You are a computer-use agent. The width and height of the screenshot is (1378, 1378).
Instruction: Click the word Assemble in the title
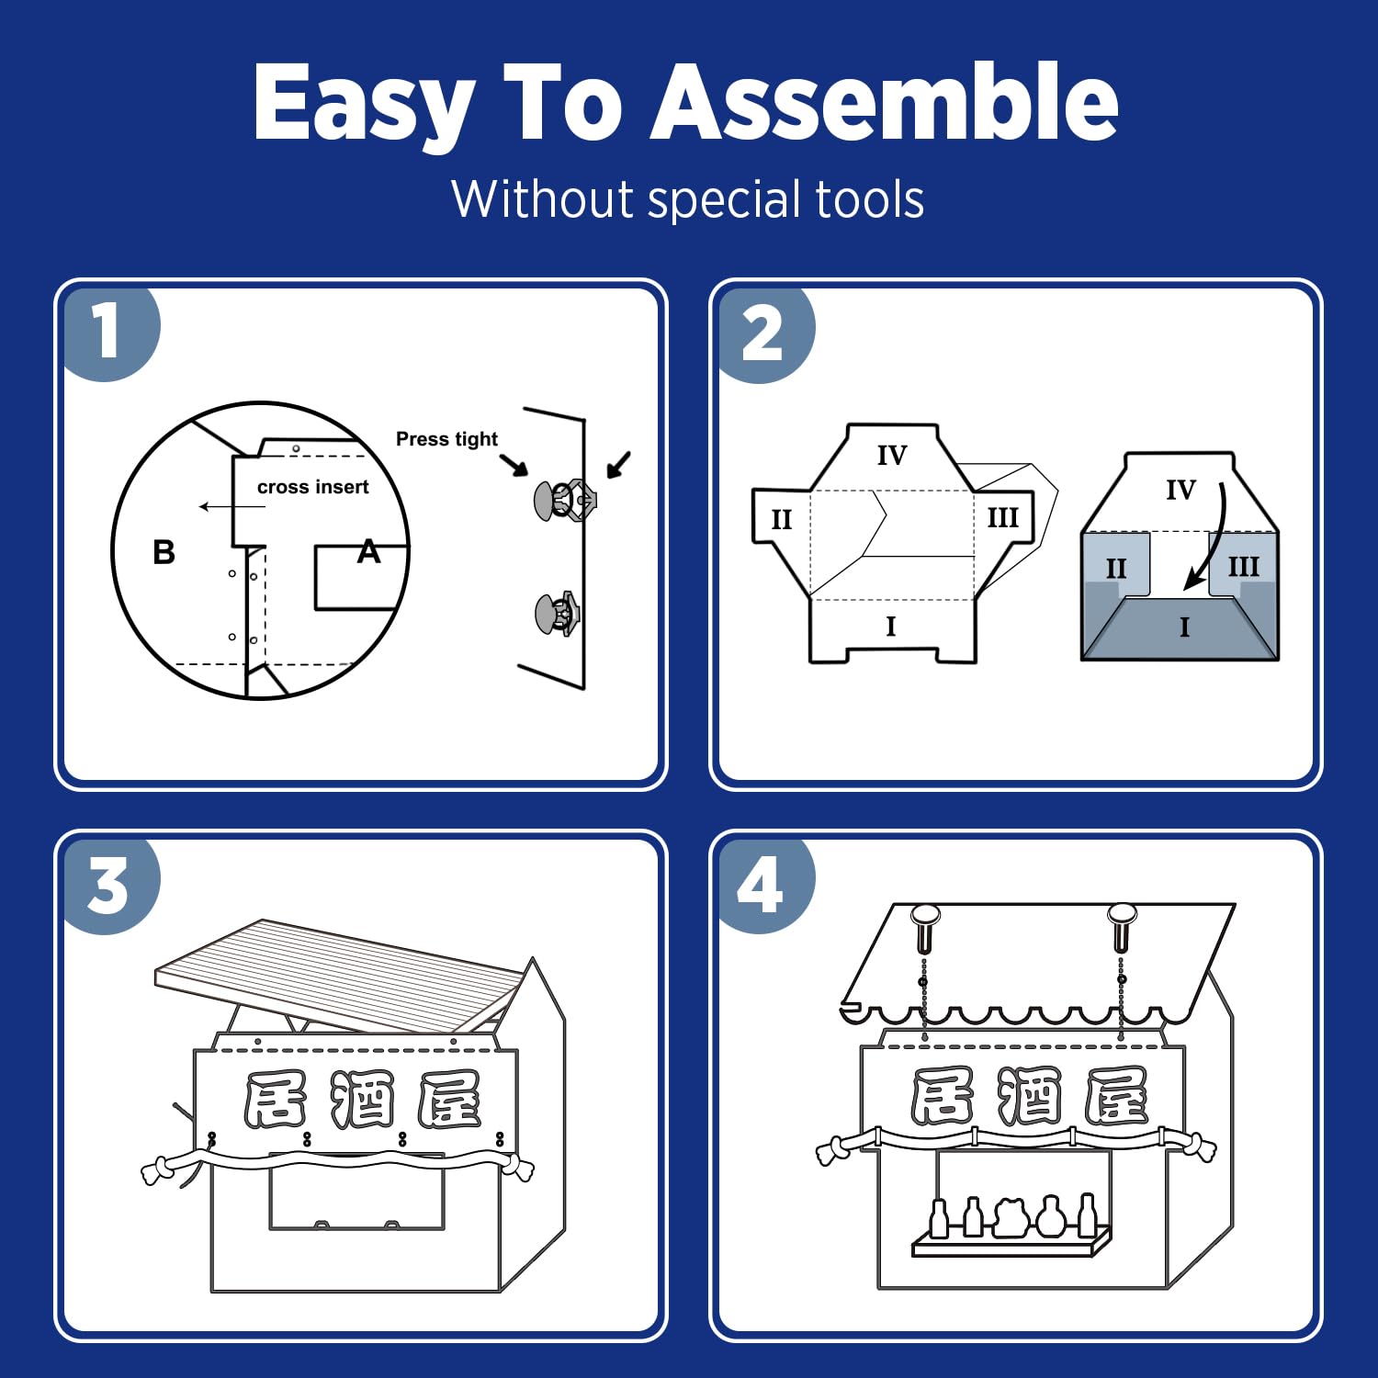pyautogui.click(x=889, y=102)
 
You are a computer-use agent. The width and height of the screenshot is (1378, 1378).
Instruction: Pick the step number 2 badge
pyautogui.click(x=764, y=333)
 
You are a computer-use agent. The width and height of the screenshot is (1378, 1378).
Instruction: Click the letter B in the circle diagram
pyautogui.click(x=164, y=552)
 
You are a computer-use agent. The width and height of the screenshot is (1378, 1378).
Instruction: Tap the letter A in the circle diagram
pyautogui.click(x=368, y=551)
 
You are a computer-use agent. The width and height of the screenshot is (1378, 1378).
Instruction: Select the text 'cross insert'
pyautogui.click(x=312, y=487)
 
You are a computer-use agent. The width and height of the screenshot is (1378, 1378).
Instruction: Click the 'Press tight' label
pyautogui.click(x=446, y=439)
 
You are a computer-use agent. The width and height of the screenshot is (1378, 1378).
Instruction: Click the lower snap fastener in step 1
pyautogui.click(x=558, y=614)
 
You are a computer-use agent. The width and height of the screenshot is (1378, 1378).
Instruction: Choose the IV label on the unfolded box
pyautogui.click(x=891, y=455)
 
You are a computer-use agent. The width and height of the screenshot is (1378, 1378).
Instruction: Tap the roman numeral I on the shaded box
pyautogui.click(x=1184, y=627)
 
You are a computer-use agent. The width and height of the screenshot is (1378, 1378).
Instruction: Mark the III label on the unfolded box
pyautogui.click(x=1003, y=518)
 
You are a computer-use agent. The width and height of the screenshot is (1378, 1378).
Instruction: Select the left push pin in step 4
pyautogui.click(x=925, y=928)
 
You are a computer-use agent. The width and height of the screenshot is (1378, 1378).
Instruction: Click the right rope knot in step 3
pyautogui.click(x=517, y=1167)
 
